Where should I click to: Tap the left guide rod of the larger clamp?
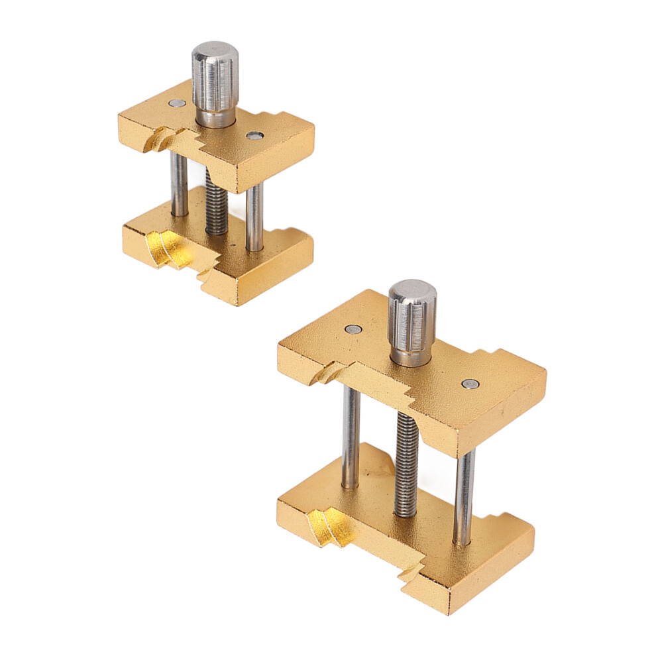pos(351,437)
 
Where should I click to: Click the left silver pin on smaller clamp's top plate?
pos(176,103)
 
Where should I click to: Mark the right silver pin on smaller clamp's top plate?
pos(254,136)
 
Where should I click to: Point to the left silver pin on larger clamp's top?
pos(353,329)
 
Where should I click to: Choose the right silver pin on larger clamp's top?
pos(470,384)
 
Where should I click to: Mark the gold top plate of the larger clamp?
pos(490,398)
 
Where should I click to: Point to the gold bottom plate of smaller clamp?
pos(265,265)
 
